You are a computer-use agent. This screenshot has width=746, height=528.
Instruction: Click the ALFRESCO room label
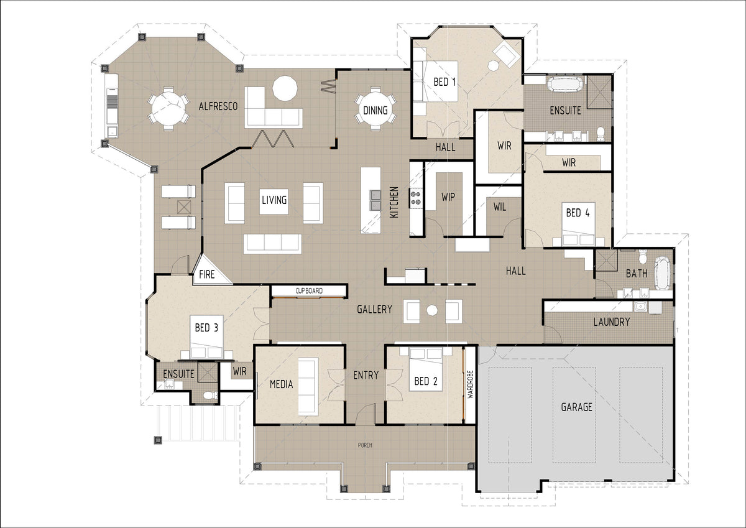coord(218,106)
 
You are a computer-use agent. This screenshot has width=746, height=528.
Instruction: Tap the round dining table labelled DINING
coord(375,109)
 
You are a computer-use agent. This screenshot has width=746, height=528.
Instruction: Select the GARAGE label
coord(576,407)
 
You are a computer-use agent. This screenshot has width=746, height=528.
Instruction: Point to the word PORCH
coord(365,445)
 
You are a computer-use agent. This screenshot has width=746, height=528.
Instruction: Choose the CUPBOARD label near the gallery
coord(309,291)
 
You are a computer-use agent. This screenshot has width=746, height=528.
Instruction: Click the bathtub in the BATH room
coord(662,273)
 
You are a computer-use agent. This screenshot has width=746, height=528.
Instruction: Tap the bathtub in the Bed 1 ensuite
coord(566,85)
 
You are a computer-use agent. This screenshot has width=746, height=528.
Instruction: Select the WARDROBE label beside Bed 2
coord(470,384)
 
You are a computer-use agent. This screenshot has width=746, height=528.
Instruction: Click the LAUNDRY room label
coord(612,322)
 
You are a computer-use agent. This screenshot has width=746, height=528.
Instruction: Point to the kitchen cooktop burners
coord(416,198)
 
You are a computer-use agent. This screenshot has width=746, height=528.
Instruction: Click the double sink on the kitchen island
coord(375,200)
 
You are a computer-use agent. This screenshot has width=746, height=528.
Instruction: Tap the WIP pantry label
coord(448,197)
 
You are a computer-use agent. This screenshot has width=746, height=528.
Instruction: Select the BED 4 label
coord(578,213)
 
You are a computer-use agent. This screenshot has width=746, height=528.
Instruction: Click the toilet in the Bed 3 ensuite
coord(210,396)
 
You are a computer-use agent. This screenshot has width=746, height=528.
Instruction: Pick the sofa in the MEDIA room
coord(308,386)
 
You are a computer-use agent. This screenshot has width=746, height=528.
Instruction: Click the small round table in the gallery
coord(432,310)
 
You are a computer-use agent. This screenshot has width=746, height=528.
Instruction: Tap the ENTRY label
coord(366,376)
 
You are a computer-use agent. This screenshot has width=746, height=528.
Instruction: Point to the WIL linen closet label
coord(500,207)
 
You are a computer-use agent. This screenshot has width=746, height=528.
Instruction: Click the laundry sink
coord(640,307)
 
